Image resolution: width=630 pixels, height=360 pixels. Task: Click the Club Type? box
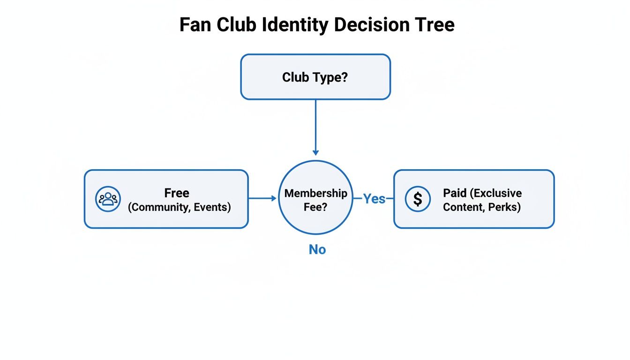315,77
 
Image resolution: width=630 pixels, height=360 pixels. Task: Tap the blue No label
317,250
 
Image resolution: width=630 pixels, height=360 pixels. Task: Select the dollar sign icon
418,199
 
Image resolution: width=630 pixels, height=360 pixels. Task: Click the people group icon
108,199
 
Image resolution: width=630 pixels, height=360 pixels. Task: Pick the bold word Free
177,193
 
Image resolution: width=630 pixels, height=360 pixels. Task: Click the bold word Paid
455,193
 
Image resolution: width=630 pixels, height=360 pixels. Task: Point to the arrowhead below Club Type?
315,152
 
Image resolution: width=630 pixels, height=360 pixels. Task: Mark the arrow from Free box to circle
262,198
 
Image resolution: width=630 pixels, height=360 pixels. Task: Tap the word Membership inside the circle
315,193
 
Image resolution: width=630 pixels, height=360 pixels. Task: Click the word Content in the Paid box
462,207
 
